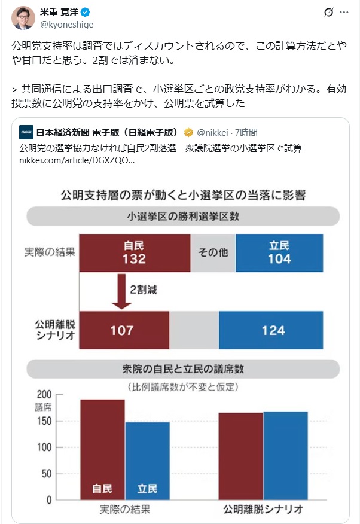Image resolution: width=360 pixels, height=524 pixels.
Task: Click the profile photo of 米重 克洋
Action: click(23, 18)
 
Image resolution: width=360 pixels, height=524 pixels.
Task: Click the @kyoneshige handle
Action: click(66, 25)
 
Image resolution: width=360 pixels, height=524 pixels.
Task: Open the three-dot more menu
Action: click(344, 13)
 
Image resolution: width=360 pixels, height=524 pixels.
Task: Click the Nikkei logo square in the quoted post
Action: click(26, 132)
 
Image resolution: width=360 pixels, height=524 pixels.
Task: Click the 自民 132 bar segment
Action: click(135, 253)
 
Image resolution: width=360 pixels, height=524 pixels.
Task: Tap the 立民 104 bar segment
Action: click(279, 253)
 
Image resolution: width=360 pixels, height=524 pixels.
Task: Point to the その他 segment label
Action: click(213, 252)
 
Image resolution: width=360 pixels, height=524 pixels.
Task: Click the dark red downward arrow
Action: click(121, 292)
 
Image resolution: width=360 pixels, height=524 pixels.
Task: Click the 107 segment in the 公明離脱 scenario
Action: click(124, 330)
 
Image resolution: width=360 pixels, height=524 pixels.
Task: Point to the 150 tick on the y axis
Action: click(45, 421)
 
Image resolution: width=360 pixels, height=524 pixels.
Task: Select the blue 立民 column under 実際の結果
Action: click(148, 461)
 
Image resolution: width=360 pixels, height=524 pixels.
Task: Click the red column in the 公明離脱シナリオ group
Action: click(240, 456)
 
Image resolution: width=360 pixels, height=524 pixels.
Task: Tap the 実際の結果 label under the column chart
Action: click(125, 510)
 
